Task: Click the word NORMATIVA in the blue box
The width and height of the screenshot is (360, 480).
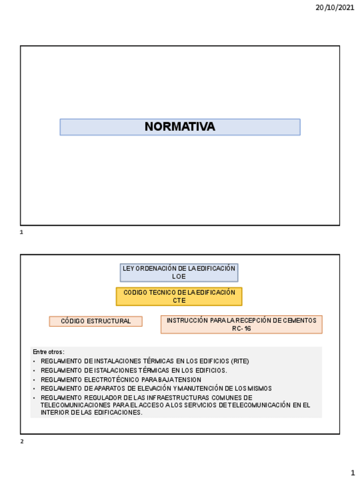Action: [x=179, y=127]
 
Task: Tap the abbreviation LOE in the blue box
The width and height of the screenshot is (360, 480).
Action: [x=179, y=277]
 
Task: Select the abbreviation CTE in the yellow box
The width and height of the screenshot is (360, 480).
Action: [x=179, y=301]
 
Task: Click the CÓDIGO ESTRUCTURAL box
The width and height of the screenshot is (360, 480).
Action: [x=96, y=322]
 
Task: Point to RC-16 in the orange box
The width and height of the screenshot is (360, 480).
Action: [x=241, y=328]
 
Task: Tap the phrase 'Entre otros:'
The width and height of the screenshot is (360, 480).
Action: [x=49, y=352]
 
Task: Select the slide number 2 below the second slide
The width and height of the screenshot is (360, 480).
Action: [x=22, y=442]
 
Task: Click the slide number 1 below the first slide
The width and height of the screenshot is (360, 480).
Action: [x=22, y=233]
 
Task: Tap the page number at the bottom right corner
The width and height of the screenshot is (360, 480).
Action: [x=352, y=472]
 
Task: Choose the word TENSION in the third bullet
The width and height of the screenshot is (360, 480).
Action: [x=186, y=379]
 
